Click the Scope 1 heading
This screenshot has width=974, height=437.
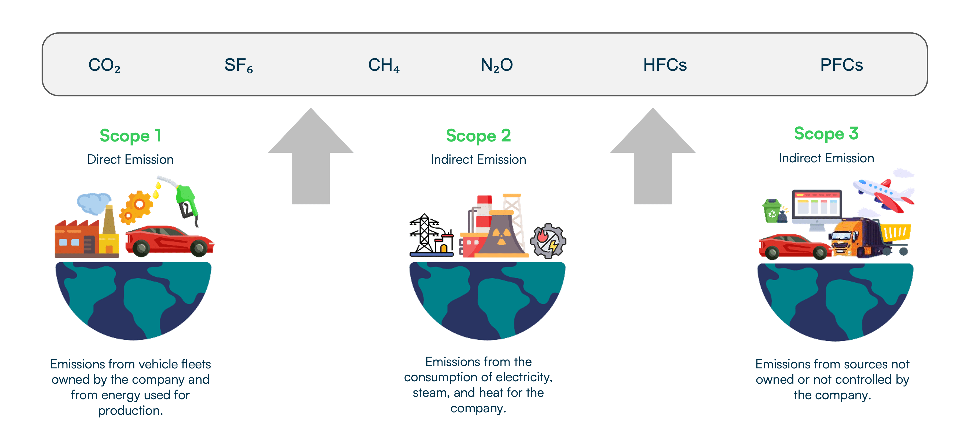coord(130,136)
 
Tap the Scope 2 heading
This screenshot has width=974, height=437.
coord(478,136)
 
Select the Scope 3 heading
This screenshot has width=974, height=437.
coord(826,134)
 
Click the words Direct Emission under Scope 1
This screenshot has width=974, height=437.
coord(130,159)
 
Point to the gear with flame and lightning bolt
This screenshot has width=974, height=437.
coord(548,241)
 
